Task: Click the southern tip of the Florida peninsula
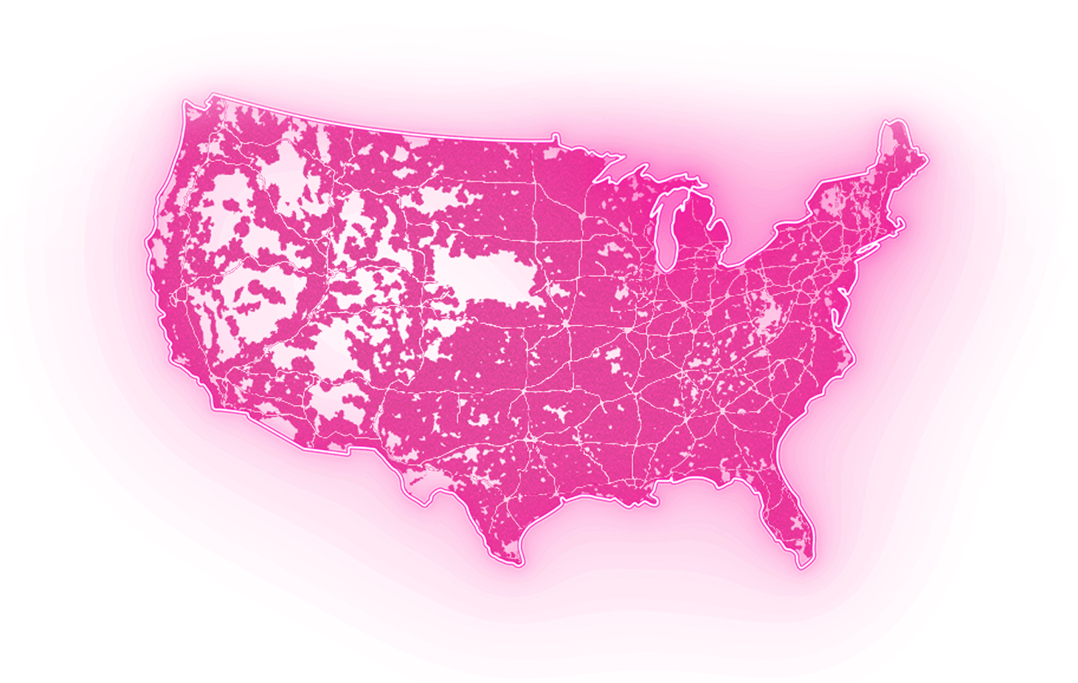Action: (801, 564)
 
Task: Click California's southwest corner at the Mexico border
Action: (214, 405)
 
